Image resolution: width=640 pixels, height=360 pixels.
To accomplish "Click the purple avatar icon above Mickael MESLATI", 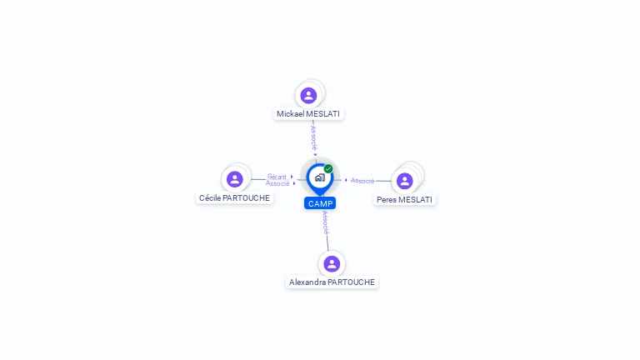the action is click(x=308, y=96).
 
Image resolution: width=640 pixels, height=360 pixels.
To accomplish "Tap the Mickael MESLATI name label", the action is click(x=308, y=114).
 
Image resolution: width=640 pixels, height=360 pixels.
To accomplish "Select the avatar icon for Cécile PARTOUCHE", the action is click(x=235, y=179).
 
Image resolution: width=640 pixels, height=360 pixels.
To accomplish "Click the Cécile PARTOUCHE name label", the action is click(x=234, y=198).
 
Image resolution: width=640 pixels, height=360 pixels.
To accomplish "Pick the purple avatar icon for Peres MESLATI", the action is click(x=404, y=181).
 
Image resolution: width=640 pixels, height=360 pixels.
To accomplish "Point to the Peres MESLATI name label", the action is click(x=404, y=200).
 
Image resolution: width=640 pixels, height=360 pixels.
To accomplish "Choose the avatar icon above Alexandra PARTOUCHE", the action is click(x=332, y=263).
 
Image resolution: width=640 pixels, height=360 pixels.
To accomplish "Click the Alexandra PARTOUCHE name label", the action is click(x=332, y=282).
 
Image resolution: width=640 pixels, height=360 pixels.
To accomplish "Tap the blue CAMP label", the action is click(x=320, y=203).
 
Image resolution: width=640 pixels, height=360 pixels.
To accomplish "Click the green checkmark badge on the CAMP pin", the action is click(x=328, y=168).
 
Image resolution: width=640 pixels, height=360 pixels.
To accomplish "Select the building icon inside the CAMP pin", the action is click(x=320, y=177).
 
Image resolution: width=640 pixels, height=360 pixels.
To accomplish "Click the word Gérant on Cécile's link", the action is click(x=277, y=177).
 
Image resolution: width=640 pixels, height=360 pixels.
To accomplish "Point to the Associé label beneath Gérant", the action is click(x=277, y=183).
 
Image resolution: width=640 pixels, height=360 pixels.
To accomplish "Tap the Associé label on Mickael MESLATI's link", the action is click(x=313, y=138).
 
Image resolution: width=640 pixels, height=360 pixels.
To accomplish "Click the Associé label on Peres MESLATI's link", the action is click(x=362, y=181).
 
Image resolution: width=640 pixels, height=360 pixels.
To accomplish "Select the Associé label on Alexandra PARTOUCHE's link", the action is click(x=325, y=222).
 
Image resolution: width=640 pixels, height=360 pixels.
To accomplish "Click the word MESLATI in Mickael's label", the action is click(x=323, y=114).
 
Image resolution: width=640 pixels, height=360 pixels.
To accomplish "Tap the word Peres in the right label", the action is click(x=387, y=200).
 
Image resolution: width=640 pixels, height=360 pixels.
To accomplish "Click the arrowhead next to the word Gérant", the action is click(x=292, y=177).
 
